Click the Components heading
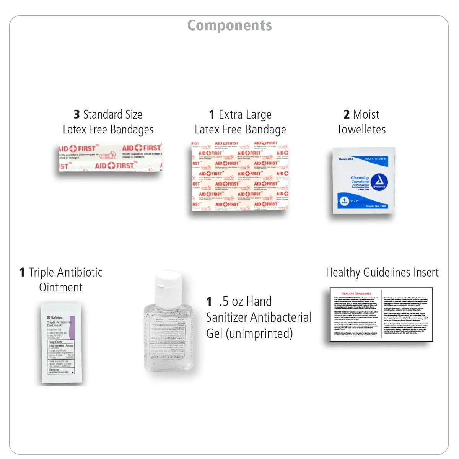(x=229, y=26)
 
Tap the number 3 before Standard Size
(x=77, y=114)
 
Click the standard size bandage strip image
(x=110, y=157)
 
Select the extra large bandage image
(x=240, y=176)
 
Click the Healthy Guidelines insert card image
(x=381, y=314)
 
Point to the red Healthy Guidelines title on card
(x=356, y=293)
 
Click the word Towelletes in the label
(x=361, y=129)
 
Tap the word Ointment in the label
(x=61, y=287)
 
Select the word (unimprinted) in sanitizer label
(x=259, y=334)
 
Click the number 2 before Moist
(x=347, y=114)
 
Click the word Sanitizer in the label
(x=231, y=317)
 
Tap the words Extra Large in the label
(x=245, y=114)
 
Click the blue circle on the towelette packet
(x=343, y=201)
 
